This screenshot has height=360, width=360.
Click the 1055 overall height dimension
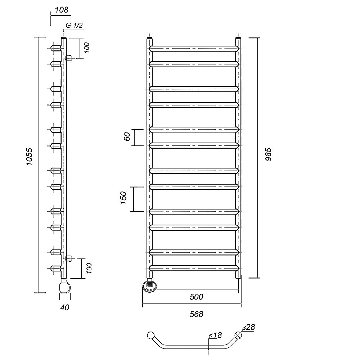point(30,157)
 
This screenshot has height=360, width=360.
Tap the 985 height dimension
point(268,154)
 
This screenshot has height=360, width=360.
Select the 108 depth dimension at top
point(62,10)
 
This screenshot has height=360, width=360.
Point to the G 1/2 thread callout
point(74,25)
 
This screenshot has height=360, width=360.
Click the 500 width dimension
point(196,297)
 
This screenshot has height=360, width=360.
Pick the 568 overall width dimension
point(196,314)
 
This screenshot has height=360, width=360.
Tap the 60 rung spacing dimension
point(127,136)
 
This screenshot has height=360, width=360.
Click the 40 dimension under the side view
point(65,307)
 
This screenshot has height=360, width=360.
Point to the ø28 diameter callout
point(248,327)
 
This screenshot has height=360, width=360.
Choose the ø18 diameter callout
point(215,335)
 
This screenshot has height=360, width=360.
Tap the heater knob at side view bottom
point(65,287)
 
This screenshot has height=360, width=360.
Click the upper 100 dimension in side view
point(86,48)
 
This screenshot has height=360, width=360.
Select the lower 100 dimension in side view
point(89,268)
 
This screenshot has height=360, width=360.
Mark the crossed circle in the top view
point(238,336)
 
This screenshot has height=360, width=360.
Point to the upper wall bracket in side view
point(68,58)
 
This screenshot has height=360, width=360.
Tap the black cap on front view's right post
point(238,38)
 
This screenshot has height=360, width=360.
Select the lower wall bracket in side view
point(68,258)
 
